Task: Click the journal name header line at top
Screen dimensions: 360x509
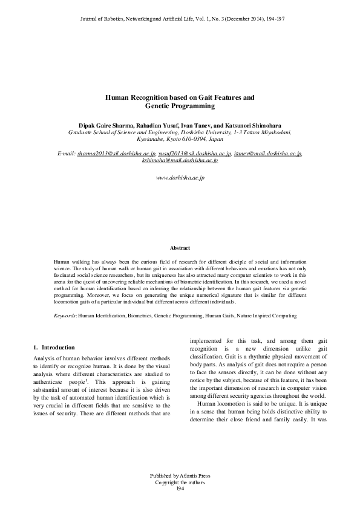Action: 180,19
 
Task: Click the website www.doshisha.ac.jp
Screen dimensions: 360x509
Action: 180,178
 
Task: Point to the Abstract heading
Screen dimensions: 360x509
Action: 180,248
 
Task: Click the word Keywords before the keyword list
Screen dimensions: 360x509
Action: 60,316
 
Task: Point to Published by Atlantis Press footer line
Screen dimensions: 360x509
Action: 180,476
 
